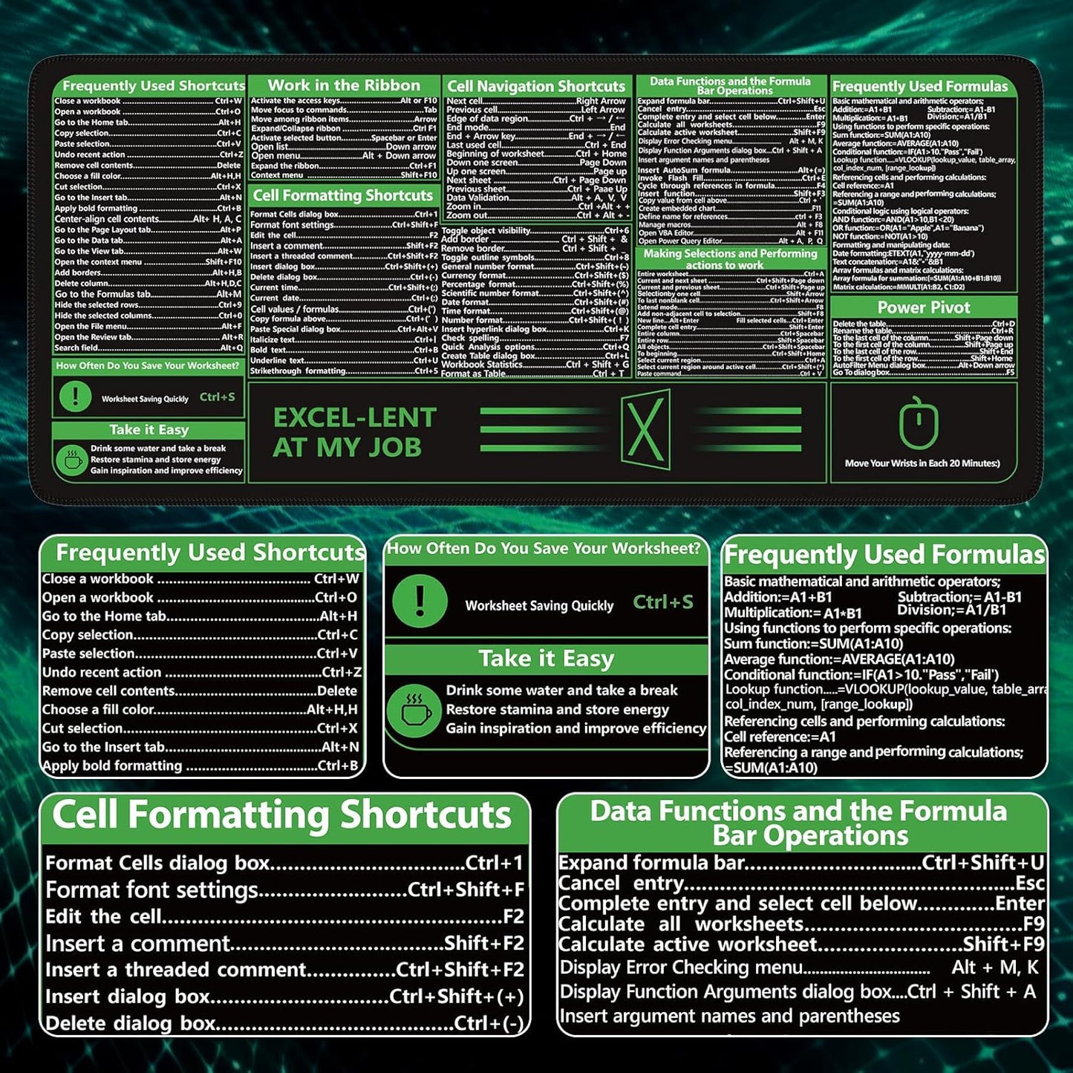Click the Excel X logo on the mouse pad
645,429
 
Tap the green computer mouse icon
919,424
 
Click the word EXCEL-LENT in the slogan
354,417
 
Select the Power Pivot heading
923,307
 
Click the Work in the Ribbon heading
344,85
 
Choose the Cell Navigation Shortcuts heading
536,86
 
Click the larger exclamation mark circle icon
420,600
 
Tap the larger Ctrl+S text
663,602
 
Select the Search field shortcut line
149,348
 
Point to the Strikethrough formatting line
344,371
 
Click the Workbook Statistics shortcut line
535,365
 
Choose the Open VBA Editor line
731,232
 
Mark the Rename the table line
923,331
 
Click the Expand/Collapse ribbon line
344,128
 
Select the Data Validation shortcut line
535,198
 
